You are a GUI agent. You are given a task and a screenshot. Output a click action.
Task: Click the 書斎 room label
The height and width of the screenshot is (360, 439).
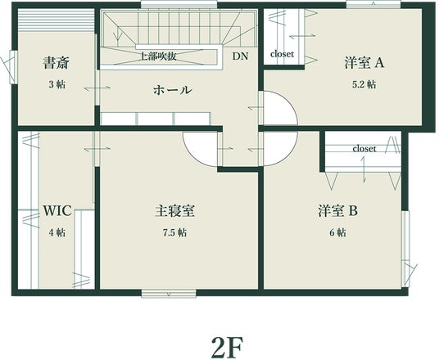(x=56, y=63)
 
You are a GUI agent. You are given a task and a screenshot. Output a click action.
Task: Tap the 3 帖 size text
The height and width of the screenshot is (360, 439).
(x=57, y=84)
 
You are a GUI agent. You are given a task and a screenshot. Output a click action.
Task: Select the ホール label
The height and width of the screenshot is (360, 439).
(x=173, y=90)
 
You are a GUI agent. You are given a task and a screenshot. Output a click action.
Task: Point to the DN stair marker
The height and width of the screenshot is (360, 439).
(x=240, y=56)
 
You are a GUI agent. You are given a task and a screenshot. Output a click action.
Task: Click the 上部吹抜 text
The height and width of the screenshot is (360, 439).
(x=158, y=56)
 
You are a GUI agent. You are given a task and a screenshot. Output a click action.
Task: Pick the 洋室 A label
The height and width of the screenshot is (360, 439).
(x=364, y=63)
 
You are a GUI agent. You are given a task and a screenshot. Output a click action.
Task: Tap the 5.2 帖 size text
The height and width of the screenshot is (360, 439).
(x=364, y=84)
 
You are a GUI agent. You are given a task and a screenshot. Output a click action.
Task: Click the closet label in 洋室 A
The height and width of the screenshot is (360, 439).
(x=283, y=54)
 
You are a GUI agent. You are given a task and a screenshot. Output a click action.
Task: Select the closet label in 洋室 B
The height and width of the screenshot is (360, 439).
(x=364, y=149)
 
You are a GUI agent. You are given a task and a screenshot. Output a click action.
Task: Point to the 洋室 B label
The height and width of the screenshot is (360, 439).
(x=338, y=211)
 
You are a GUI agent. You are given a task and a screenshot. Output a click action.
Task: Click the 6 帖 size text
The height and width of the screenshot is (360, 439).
(x=337, y=232)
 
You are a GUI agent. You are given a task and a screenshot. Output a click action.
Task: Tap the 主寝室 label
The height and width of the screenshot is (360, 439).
(x=175, y=211)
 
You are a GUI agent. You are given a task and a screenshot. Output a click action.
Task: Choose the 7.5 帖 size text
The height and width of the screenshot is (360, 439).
(x=175, y=232)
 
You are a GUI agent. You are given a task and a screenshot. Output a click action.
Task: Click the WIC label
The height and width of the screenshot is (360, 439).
(x=57, y=211)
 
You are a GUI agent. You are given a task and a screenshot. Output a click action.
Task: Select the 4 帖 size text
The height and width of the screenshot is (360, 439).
(x=57, y=232)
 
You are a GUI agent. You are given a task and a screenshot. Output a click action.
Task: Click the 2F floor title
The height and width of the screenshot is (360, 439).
(x=227, y=346)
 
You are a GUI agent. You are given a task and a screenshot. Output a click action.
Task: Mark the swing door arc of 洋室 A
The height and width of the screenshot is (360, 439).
(x=290, y=102)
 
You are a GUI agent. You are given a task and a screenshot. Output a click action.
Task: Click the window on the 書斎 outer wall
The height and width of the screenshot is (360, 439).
(x=13, y=67)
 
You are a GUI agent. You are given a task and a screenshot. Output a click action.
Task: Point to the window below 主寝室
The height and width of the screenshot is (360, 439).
(x=169, y=294)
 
